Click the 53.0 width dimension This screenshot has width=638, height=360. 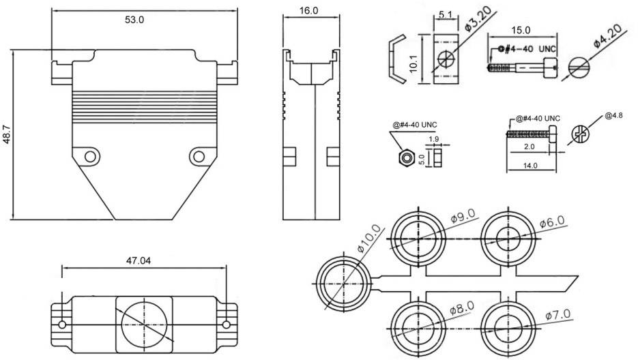click(134, 20)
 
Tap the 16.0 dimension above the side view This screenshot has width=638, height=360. click(308, 10)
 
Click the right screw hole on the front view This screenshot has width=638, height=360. click(199, 157)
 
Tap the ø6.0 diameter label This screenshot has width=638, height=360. click(552, 223)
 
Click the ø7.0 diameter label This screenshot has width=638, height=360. click(557, 316)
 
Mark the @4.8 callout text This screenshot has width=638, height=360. click(613, 115)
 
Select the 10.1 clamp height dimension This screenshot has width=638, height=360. click(414, 64)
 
